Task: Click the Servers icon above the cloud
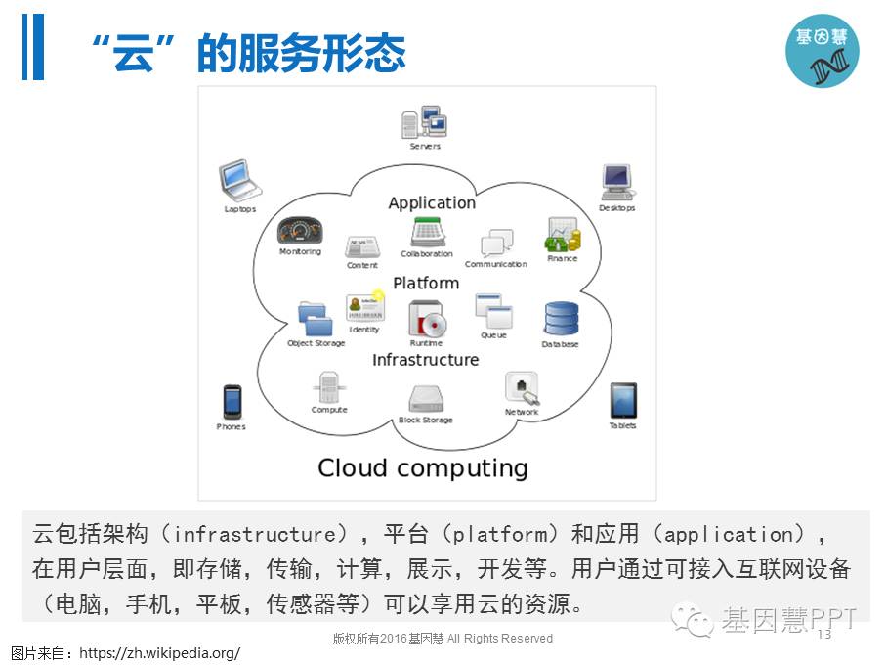coord(424,123)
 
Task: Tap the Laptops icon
coord(237,181)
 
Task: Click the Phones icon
coord(232,401)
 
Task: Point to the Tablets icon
coord(623,400)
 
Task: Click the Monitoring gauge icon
coord(299,231)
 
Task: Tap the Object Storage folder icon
coord(316,319)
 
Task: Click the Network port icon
coord(522,388)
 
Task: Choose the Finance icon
coord(562,236)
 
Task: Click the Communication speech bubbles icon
coord(496,244)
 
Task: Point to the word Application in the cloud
coord(432,203)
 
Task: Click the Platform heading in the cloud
coord(426,283)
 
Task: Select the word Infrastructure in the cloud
coord(426,360)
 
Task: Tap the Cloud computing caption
coord(423,467)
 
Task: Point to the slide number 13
coord(822,634)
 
